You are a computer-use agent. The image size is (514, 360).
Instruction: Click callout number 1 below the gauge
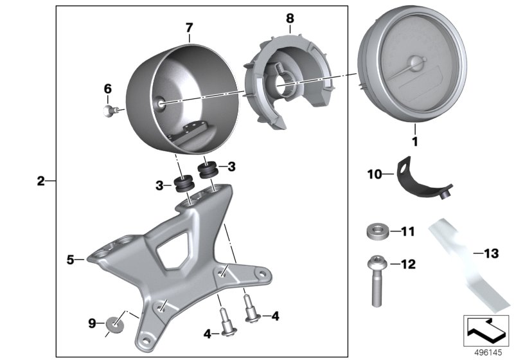pos(414,139)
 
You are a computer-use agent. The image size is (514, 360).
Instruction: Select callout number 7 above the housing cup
pos(189,28)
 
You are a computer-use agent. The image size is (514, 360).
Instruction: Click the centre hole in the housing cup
pos(161,101)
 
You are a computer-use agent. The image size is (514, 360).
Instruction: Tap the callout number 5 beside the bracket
pos(71,260)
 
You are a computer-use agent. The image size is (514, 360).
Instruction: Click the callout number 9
pos(92,321)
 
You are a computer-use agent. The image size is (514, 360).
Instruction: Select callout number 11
pos(409,230)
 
